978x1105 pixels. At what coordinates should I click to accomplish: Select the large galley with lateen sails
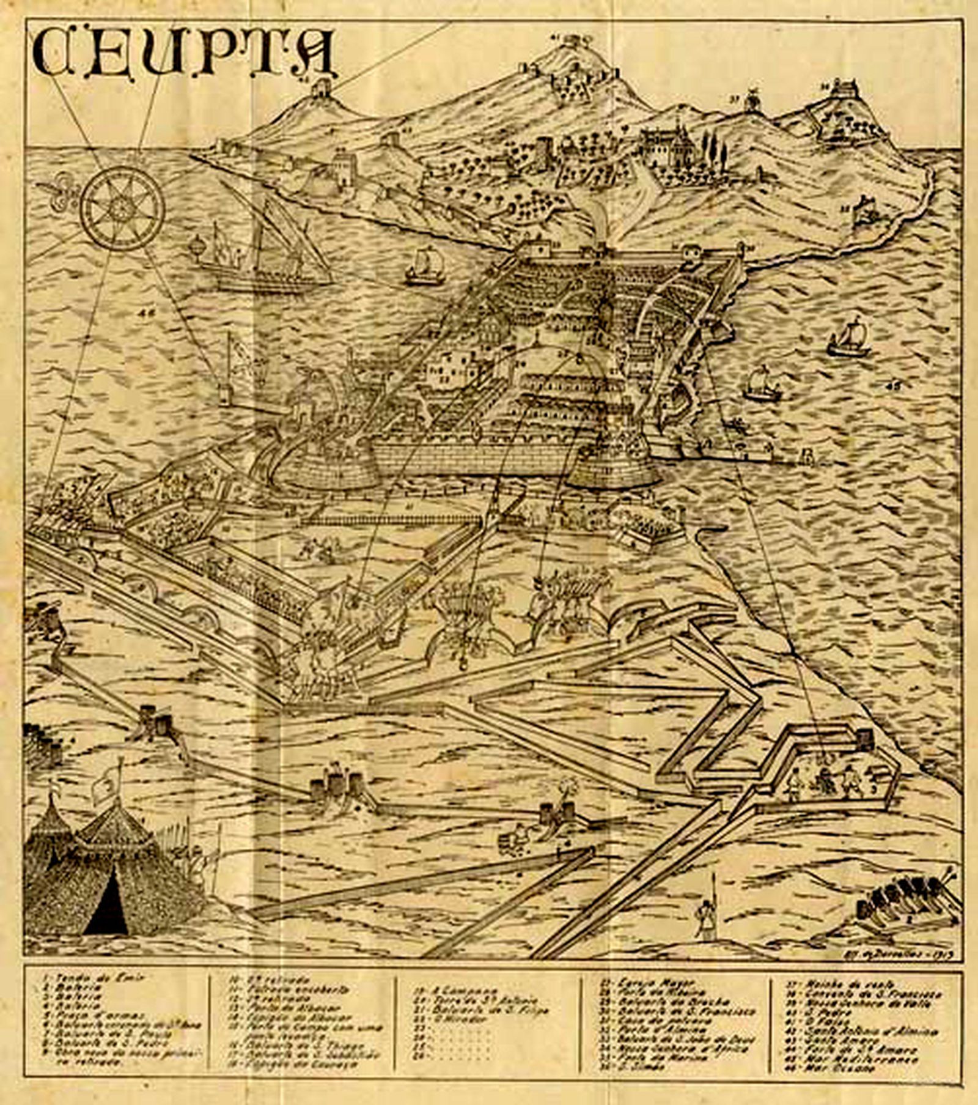pyautogui.click(x=263, y=251)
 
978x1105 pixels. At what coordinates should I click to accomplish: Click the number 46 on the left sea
pyautogui.click(x=147, y=314)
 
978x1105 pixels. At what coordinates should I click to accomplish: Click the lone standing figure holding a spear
pyautogui.click(x=707, y=918)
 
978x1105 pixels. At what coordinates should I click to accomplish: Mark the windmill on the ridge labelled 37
pyautogui.click(x=752, y=100)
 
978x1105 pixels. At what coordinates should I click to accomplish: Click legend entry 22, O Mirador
pyautogui.click(x=449, y=1019)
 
